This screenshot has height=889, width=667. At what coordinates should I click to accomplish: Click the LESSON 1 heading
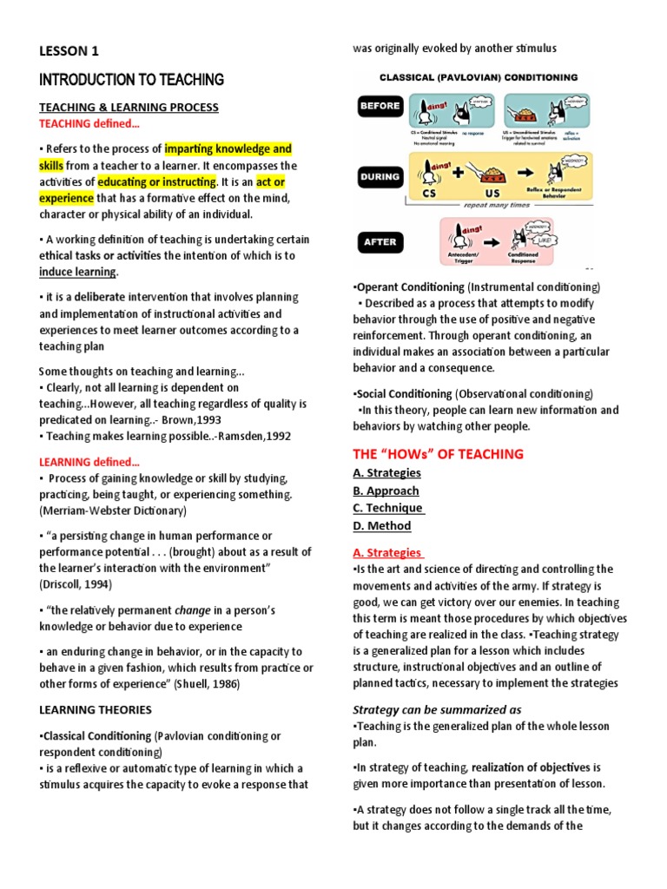coord(69,52)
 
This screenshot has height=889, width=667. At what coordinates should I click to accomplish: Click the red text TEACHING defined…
coord(89,123)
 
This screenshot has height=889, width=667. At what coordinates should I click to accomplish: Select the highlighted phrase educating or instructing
coord(156,181)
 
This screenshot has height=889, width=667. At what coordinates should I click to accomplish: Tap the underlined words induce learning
coord(77,272)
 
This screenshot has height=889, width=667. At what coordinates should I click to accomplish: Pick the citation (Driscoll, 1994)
coord(76,584)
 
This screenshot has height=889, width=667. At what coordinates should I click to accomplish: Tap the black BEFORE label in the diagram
coord(380,106)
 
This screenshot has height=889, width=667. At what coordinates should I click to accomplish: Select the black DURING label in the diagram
coord(380,175)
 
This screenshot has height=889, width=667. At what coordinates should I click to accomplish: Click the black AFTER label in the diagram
coord(380,242)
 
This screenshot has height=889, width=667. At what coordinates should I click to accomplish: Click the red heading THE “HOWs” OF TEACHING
coord(438,454)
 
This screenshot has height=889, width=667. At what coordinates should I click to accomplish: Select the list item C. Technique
coord(388,508)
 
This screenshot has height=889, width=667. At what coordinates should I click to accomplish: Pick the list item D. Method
coord(382,525)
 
